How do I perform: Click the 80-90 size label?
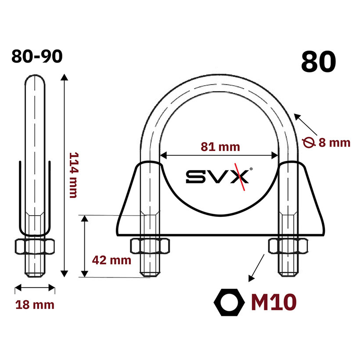pyautogui.click(x=37, y=57)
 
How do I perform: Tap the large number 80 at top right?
pyautogui.click(x=318, y=62)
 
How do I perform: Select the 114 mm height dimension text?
pyautogui.click(x=74, y=175)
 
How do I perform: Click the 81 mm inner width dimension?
pyautogui.click(x=220, y=147)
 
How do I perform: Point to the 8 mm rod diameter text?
pyautogui.click(x=334, y=143)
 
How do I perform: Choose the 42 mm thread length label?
pyautogui.click(x=112, y=260)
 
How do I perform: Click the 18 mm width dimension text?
pyautogui.click(x=35, y=305)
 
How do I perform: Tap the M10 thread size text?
pyautogui.click(x=274, y=302)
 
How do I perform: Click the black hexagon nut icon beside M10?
pyautogui.click(x=229, y=302)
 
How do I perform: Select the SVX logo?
pyautogui.click(x=219, y=176)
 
